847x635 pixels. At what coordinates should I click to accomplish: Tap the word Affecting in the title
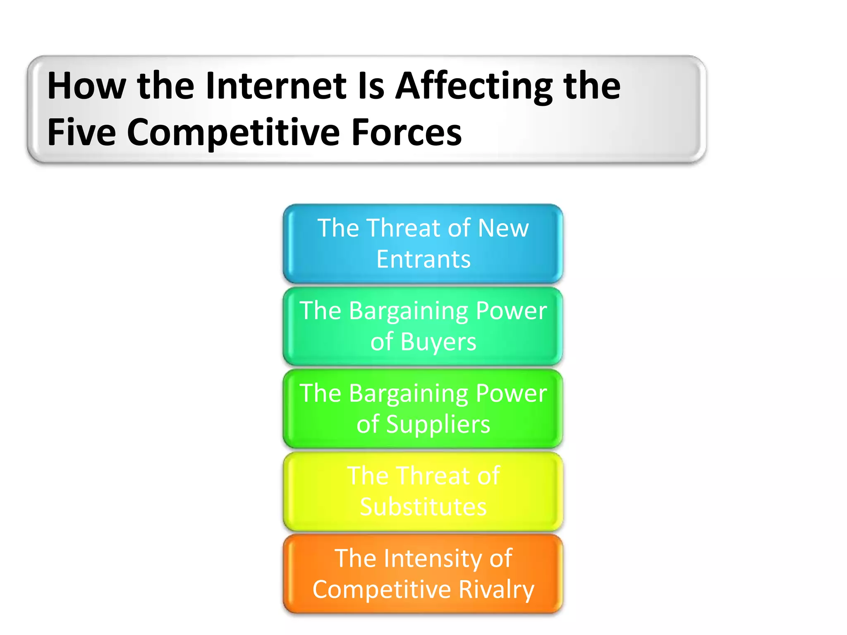click(474, 86)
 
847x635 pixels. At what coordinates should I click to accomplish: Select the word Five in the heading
click(81, 132)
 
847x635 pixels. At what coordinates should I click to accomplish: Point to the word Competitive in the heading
click(234, 132)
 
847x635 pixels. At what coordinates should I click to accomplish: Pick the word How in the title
click(86, 86)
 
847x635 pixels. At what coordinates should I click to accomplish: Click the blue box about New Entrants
click(423, 243)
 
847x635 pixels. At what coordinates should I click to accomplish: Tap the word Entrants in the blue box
click(423, 259)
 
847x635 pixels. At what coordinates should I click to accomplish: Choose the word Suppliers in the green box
click(438, 425)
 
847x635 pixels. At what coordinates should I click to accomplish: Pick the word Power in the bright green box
click(511, 393)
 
